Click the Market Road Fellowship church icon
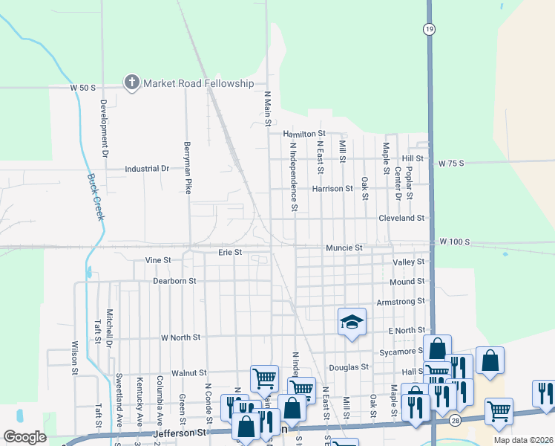(x=132, y=83)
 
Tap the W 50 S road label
(x=83, y=88)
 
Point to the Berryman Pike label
(x=188, y=167)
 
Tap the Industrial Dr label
(x=147, y=169)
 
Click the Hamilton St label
(x=304, y=134)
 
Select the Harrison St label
(x=332, y=189)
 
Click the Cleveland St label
(x=401, y=219)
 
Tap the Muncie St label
(x=344, y=248)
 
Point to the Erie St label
(x=230, y=253)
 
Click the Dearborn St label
(x=174, y=281)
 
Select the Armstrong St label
(x=400, y=301)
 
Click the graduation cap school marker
(x=352, y=322)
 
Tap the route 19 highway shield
(x=430, y=29)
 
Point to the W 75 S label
(x=451, y=163)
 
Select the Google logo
(x=24, y=437)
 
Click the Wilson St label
(x=75, y=356)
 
